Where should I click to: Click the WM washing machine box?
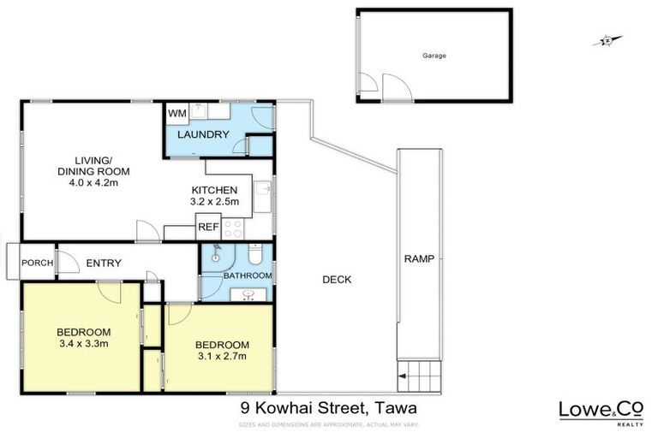click(176, 113)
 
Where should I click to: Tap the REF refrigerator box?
click(207, 228)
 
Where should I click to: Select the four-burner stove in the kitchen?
click(233, 228)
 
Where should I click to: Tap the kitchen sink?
click(263, 189)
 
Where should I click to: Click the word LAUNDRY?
click(202, 134)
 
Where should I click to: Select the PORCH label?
click(37, 263)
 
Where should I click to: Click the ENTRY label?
click(104, 263)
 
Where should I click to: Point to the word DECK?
click(336, 279)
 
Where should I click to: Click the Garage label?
click(434, 56)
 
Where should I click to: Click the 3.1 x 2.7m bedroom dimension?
click(221, 356)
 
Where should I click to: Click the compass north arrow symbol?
click(607, 39)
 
